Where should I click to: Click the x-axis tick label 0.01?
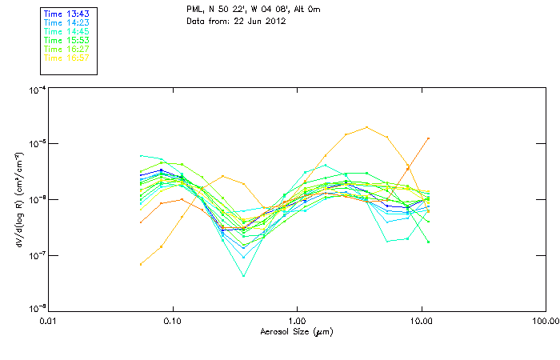click(x=48, y=321)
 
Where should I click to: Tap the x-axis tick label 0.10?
click(x=172, y=321)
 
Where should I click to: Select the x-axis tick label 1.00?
click(x=297, y=321)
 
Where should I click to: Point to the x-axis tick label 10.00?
click(x=422, y=321)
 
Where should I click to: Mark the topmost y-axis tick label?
click(x=36, y=90)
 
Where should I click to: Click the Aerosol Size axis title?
click(x=297, y=331)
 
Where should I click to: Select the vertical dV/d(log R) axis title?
click(x=19, y=199)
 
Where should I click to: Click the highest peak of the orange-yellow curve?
click(x=366, y=127)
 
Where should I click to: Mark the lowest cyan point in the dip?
click(x=244, y=276)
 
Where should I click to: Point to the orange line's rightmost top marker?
click(x=429, y=138)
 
